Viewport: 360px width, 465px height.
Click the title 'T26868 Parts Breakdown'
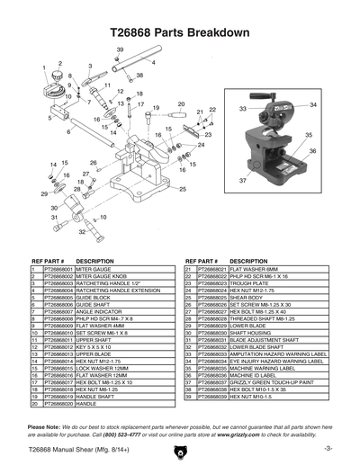[180, 30]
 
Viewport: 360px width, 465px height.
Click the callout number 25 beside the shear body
[184, 190]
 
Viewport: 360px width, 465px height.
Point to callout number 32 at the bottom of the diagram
[83, 231]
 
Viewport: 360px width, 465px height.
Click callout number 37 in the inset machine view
[242, 181]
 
